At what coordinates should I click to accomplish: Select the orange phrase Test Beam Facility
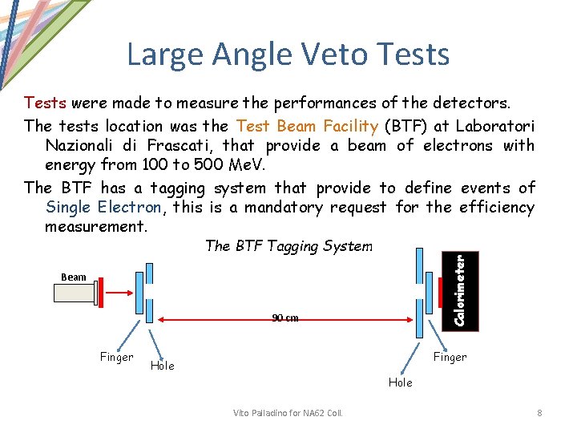tap(305, 126)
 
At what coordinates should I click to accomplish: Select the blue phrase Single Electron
tap(103, 208)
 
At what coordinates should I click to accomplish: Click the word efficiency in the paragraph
tap(496, 208)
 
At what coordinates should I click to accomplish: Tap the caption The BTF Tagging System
tap(288, 246)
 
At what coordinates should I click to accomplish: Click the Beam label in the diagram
tap(73, 277)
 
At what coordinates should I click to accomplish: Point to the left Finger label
tap(116, 358)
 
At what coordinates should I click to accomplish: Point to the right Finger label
tap(450, 358)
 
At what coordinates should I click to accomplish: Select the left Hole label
tap(162, 366)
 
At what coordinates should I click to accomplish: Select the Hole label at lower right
tap(400, 382)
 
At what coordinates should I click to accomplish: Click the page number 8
tap(539, 413)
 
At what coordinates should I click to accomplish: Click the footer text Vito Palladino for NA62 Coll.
tap(288, 413)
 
